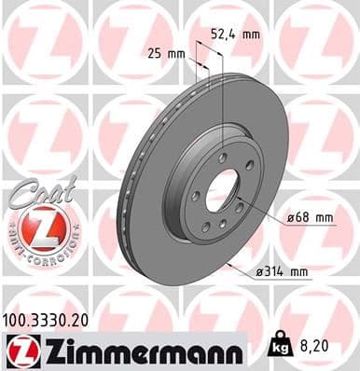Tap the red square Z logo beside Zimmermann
(19, 350)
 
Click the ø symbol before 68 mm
(291, 218)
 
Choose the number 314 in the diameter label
(275, 271)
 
